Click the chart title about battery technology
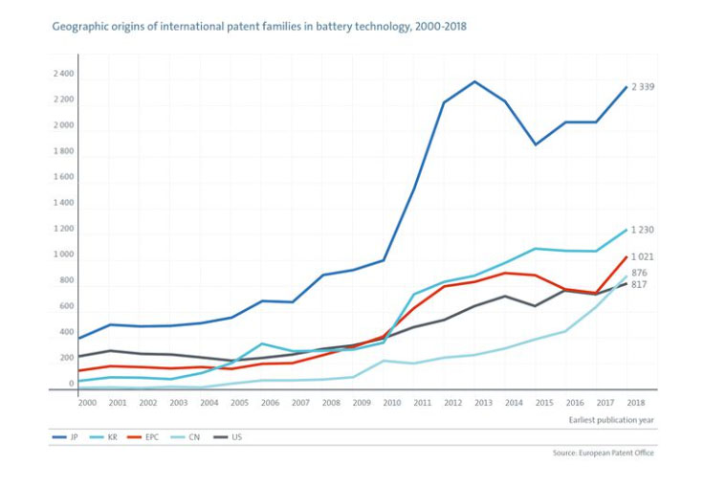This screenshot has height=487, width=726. [258, 26]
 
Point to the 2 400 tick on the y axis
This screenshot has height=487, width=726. [63, 74]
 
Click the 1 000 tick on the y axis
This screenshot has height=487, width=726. [63, 255]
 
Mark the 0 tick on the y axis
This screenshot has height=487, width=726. [71, 384]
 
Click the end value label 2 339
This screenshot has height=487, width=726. [642, 87]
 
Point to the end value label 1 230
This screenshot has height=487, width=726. [642, 230]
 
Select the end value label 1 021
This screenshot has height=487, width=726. [642, 256]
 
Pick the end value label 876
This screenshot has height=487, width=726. [640, 273]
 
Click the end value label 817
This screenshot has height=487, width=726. [640, 284]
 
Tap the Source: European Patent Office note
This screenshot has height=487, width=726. [604, 453]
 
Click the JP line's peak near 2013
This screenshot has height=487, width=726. [474, 81]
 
